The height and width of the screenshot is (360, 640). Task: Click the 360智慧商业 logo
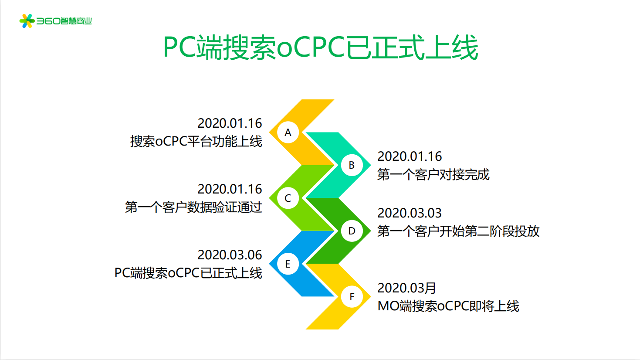pyautogui.click(x=55, y=21)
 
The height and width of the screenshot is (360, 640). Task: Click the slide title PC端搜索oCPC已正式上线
pyautogui.click(x=320, y=47)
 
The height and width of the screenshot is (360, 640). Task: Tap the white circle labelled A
pyautogui.click(x=288, y=132)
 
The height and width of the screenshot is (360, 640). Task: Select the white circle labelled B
pyautogui.click(x=352, y=165)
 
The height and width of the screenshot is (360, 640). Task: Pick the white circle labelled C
pyautogui.click(x=288, y=198)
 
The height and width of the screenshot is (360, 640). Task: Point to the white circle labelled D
pyautogui.click(x=352, y=231)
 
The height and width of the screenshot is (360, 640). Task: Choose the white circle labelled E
pyautogui.click(x=288, y=264)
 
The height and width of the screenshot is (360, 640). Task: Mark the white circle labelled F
pyautogui.click(x=352, y=296)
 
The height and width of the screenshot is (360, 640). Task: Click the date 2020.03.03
pyautogui.click(x=410, y=213)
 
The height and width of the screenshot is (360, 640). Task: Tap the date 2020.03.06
pyautogui.click(x=230, y=255)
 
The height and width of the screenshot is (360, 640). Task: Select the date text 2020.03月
pyautogui.click(x=406, y=288)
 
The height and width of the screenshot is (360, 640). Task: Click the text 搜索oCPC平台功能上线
pyautogui.click(x=196, y=141)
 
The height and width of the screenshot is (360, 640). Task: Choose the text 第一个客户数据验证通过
pyautogui.click(x=193, y=207)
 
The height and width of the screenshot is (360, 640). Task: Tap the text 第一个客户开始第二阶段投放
pyautogui.click(x=458, y=231)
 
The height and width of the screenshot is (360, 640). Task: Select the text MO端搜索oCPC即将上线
pyautogui.click(x=448, y=306)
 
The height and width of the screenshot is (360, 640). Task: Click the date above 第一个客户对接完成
pyautogui.click(x=410, y=156)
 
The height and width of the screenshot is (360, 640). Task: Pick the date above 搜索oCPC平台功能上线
pyautogui.click(x=230, y=123)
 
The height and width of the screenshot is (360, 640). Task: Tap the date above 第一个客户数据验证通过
pyautogui.click(x=230, y=189)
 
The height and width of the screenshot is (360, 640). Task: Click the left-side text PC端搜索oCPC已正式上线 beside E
pyautogui.click(x=188, y=273)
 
